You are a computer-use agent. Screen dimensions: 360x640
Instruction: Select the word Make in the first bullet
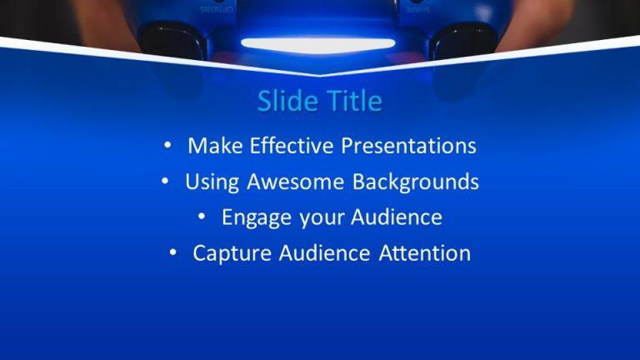[213, 146]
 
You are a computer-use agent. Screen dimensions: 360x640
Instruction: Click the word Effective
[288, 146]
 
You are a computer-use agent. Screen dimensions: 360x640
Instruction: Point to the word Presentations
[409, 146]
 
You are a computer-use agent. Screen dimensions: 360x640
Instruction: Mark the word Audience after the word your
[396, 217]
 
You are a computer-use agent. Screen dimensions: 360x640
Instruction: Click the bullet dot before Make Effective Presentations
[168, 146]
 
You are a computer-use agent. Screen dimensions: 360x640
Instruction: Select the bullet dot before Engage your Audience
[202, 217]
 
